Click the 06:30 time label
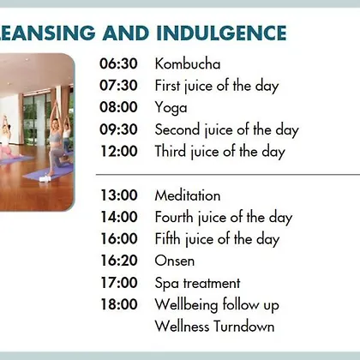118,63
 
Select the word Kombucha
188,63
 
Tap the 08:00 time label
118,107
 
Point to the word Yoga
171,108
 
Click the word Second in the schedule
177,129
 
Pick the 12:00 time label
119,151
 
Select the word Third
171,151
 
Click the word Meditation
188,195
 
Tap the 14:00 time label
119,217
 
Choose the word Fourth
174,217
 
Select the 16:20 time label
119,261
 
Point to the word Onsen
175,261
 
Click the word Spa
166,284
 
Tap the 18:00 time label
119,304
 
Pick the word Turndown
244,327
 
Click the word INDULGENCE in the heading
221,33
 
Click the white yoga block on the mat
45,179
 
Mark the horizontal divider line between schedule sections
228,174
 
